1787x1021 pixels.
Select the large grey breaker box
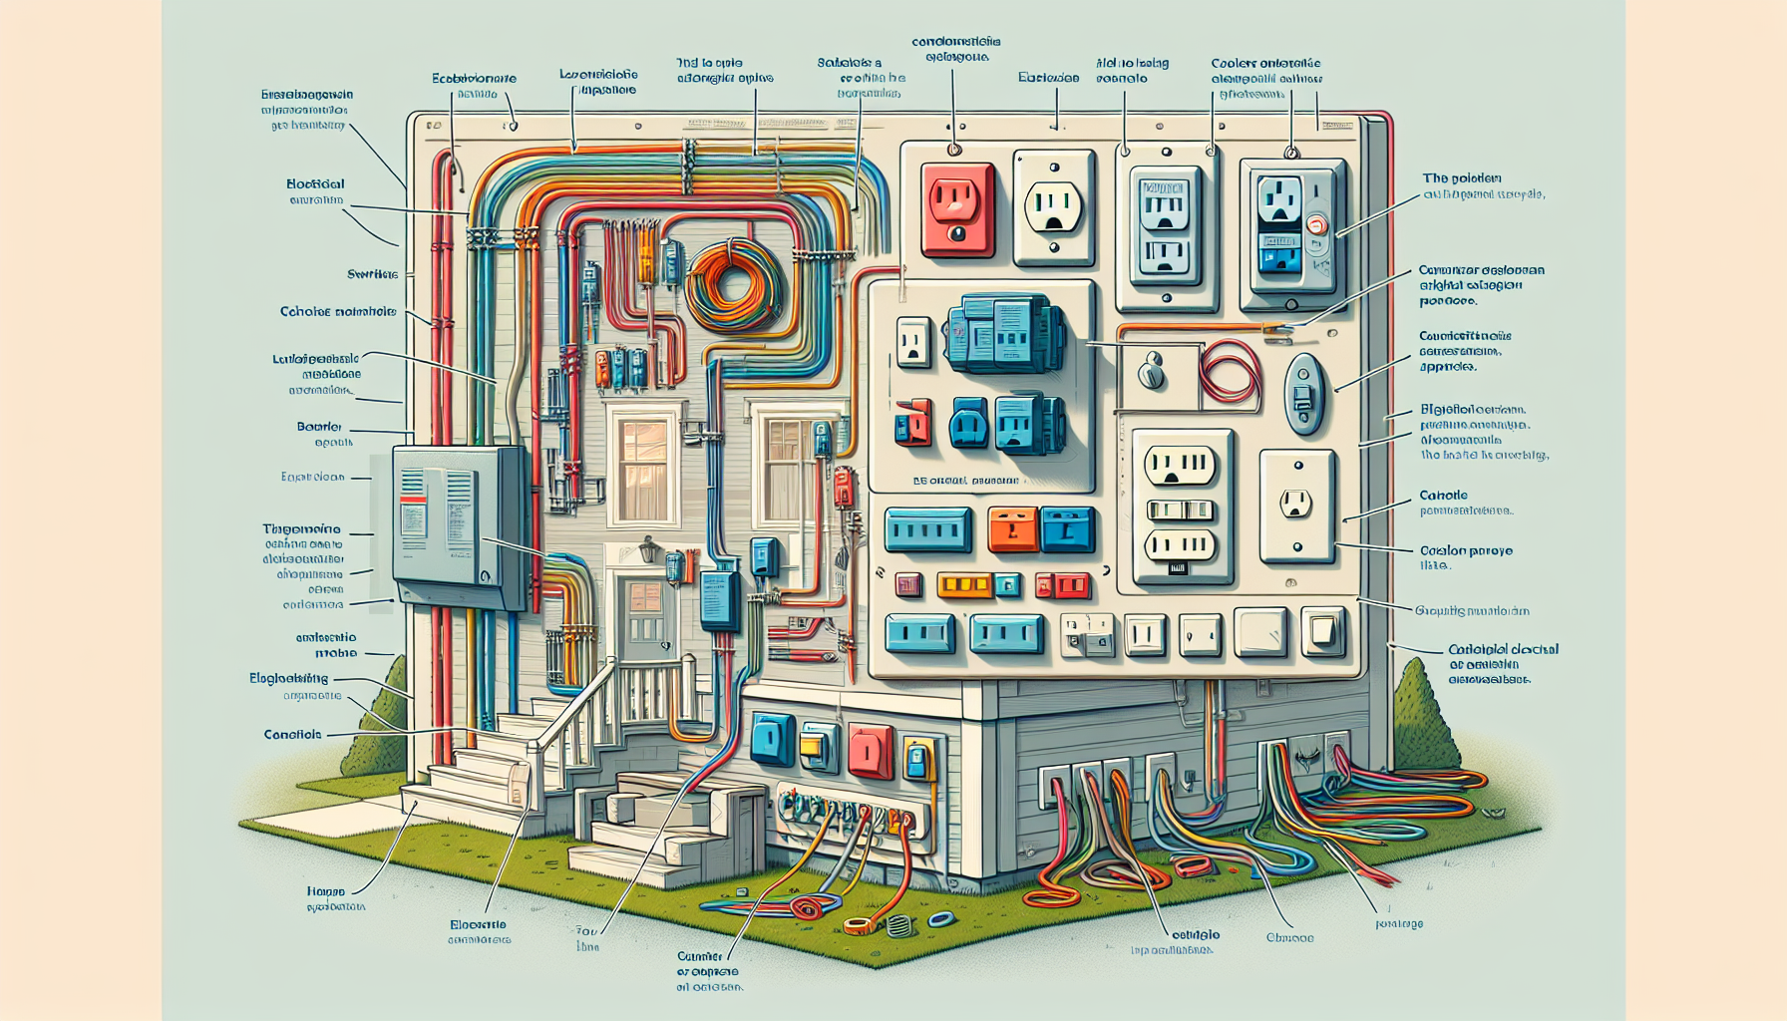(460, 526)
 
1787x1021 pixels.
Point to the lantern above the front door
(648, 549)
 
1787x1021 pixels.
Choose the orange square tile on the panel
(1012, 529)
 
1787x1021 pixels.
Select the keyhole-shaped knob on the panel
(1152, 369)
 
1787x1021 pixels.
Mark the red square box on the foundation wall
(870, 750)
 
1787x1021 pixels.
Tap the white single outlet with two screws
(1296, 505)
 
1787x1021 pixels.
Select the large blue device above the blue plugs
(1002, 333)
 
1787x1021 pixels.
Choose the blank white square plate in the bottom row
(1260, 632)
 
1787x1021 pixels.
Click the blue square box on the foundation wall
(773, 739)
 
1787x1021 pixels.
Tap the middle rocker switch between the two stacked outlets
(1180, 511)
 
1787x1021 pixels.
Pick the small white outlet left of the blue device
(912, 341)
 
